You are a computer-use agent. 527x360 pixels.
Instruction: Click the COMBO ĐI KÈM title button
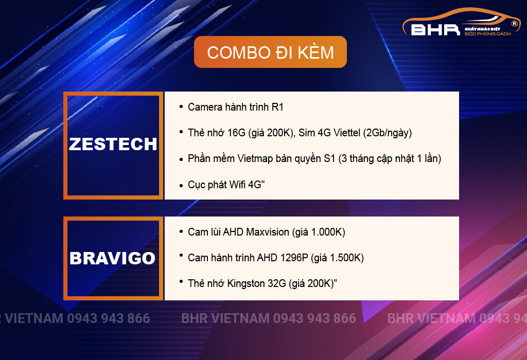click(x=270, y=52)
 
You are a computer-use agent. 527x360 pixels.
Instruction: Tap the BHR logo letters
click(x=435, y=30)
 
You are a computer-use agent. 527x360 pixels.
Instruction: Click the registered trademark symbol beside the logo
click(x=514, y=24)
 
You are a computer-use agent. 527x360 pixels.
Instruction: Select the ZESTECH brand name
click(x=113, y=144)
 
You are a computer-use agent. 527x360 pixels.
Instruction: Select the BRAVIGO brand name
click(x=113, y=258)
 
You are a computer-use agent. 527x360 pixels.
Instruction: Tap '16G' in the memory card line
click(x=236, y=133)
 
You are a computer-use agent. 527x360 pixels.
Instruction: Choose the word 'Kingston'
click(x=246, y=283)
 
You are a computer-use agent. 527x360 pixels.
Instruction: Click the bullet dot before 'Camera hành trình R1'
click(x=181, y=107)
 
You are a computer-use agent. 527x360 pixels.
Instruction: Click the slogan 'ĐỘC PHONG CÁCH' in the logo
click(x=488, y=33)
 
